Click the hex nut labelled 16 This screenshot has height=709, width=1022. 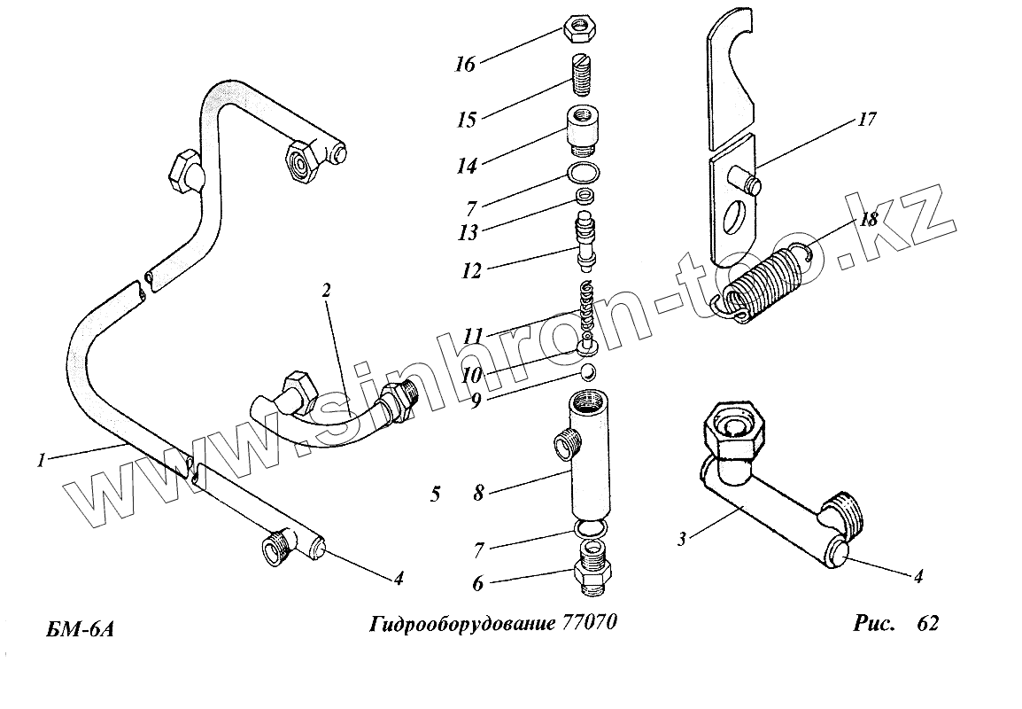coord(579,31)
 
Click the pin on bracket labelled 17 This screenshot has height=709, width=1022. coord(750,183)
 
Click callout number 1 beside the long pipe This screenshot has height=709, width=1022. coord(41,459)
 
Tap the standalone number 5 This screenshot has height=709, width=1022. coord(434,495)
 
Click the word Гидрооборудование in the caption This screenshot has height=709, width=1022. coord(461,623)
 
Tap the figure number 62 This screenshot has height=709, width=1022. coord(927,623)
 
